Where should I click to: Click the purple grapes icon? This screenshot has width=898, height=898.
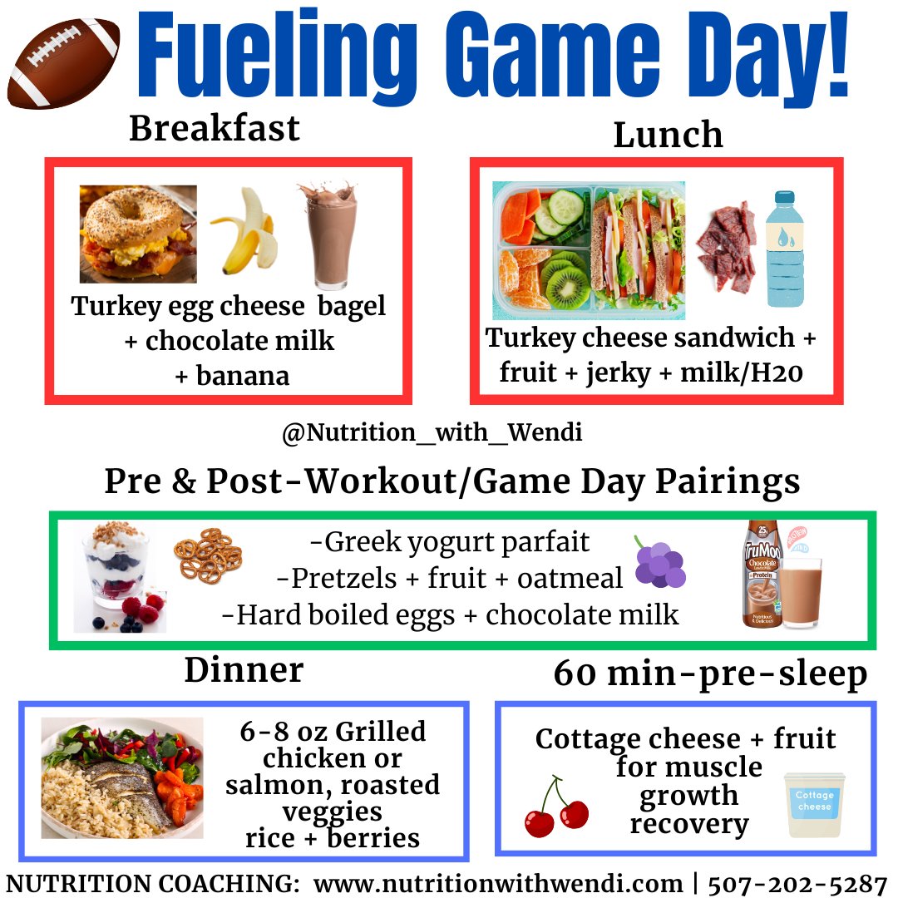point(659,563)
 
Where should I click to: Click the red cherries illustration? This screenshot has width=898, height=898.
point(555,807)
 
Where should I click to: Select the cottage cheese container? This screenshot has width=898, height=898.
point(814,804)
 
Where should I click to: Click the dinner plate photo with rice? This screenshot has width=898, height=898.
point(122,777)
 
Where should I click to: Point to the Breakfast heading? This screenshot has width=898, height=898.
point(214,129)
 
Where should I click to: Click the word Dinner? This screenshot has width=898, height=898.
point(244,669)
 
